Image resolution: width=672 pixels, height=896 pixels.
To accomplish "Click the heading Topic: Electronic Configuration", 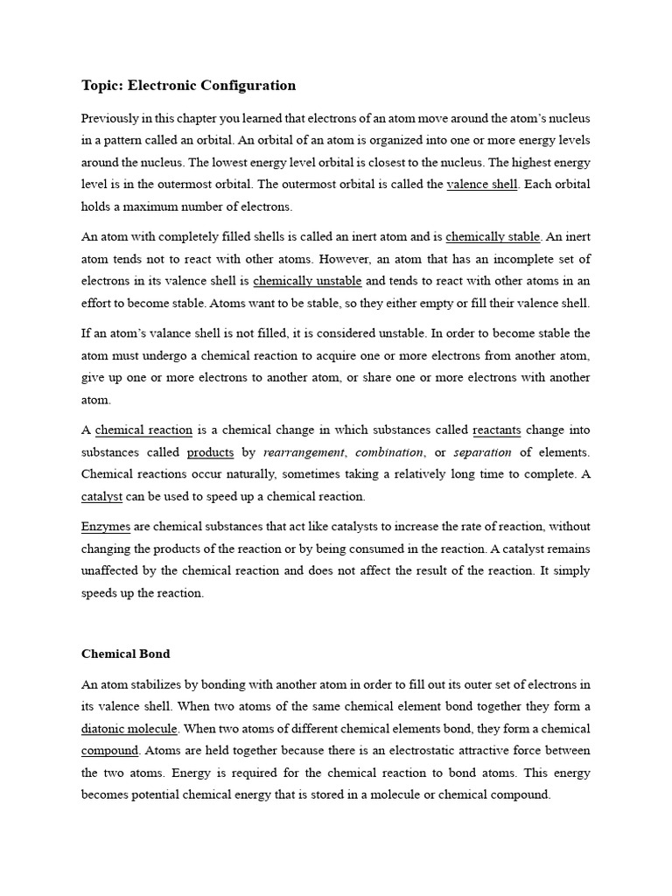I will pyautogui.click(x=188, y=86).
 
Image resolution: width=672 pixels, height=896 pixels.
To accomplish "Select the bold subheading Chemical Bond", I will pyautogui.click(x=126, y=654).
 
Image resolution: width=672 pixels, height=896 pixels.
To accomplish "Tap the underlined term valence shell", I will pyautogui.click(x=482, y=185).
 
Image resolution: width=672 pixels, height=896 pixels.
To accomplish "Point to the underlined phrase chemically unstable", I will pyautogui.click(x=307, y=281).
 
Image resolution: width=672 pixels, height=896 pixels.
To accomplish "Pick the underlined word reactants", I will pyautogui.click(x=496, y=430).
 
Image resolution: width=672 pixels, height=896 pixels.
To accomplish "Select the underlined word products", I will pyautogui.click(x=211, y=452).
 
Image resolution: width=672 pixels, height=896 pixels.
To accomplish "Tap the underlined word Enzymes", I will pyautogui.click(x=105, y=527).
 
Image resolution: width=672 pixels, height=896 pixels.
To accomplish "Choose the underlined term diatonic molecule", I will pyautogui.click(x=129, y=729).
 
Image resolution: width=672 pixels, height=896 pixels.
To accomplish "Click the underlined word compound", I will pyautogui.click(x=110, y=751).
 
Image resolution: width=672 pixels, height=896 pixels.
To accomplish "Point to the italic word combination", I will pyautogui.click(x=389, y=452).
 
